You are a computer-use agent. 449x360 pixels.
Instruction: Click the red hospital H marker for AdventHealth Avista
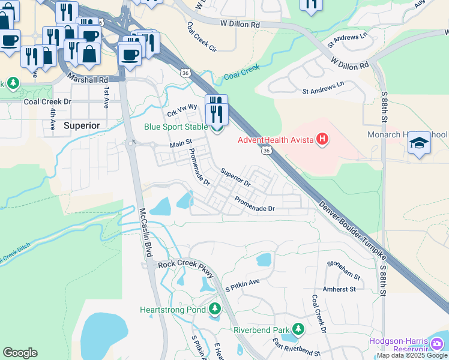click(x=322, y=140)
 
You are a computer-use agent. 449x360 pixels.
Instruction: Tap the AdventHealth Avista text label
click(x=276, y=140)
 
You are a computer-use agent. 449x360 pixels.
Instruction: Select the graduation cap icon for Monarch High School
click(x=420, y=143)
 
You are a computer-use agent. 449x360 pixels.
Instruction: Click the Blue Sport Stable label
click(x=175, y=127)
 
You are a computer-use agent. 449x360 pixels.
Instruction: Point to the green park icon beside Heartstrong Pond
click(x=215, y=310)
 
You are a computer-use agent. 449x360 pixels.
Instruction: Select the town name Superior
click(x=81, y=125)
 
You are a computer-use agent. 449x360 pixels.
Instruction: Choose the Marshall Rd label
click(x=88, y=79)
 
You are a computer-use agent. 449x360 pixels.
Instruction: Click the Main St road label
click(x=180, y=144)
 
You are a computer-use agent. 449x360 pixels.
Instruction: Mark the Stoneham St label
click(x=344, y=270)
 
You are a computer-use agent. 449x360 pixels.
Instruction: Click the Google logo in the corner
click(x=20, y=353)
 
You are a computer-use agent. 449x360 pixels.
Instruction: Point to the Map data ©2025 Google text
click(x=412, y=355)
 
